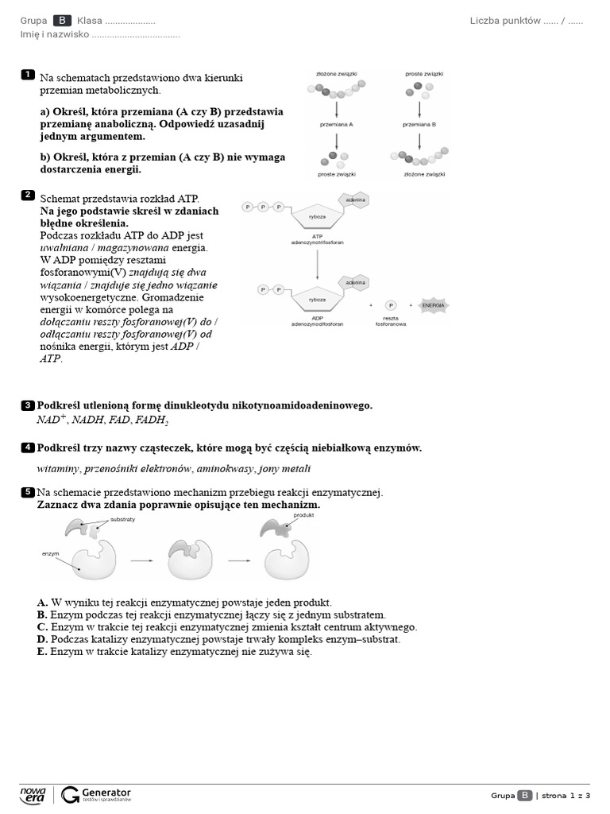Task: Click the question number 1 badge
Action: coord(28,75)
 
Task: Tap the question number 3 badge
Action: coord(28,405)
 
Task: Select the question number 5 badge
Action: coord(28,493)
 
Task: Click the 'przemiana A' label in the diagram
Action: coord(336,125)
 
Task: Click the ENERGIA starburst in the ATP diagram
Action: coord(433,304)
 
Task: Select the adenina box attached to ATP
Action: coord(354,200)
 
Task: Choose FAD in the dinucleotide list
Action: coord(121,420)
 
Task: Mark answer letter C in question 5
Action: coord(42,627)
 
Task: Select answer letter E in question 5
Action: coord(42,652)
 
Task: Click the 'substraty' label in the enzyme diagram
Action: coord(122,519)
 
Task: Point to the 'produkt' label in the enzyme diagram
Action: coord(304,515)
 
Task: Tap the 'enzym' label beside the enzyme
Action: coord(51,552)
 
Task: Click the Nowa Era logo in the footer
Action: coord(33,794)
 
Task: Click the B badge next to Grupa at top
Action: coord(62,21)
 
